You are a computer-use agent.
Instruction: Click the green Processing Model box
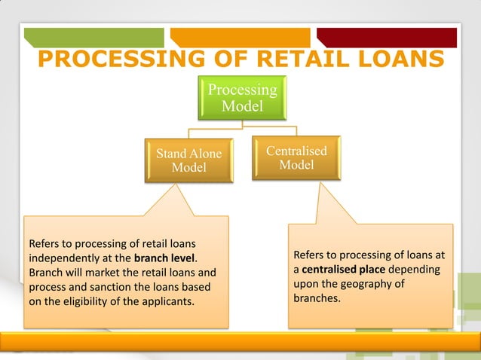243,98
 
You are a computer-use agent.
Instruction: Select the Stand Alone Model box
188,160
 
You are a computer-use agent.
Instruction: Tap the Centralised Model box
296,157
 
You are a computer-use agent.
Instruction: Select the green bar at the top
93,37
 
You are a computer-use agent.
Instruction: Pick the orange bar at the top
240,37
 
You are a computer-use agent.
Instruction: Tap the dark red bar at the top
386,37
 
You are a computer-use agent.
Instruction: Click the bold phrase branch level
164,258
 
